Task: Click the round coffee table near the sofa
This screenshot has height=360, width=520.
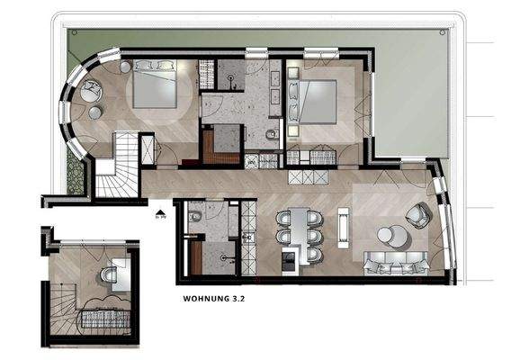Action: [x=388, y=236]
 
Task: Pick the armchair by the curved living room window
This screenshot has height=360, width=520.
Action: [x=417, y=214]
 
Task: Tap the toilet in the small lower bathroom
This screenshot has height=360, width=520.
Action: [x=194, y=219]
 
